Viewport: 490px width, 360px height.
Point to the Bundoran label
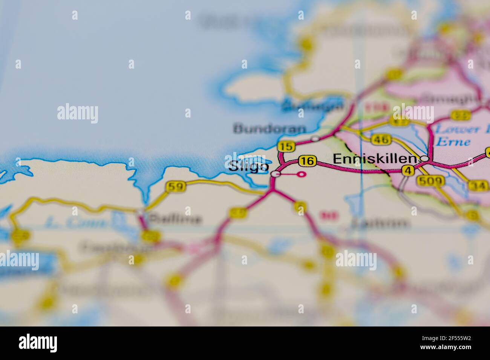(x=269, y=129)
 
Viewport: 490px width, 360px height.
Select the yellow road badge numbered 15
(x=284, y=146)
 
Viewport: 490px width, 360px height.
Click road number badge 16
(x=307, y=161)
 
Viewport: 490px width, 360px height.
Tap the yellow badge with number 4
(x=408, y=171)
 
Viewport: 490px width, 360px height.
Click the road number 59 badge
(x=175, y=186)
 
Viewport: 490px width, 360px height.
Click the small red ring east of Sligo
(x=301, y=174)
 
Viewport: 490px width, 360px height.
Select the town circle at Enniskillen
(x=424, y=159)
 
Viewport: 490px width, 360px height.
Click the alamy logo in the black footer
(x=38, y=343)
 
